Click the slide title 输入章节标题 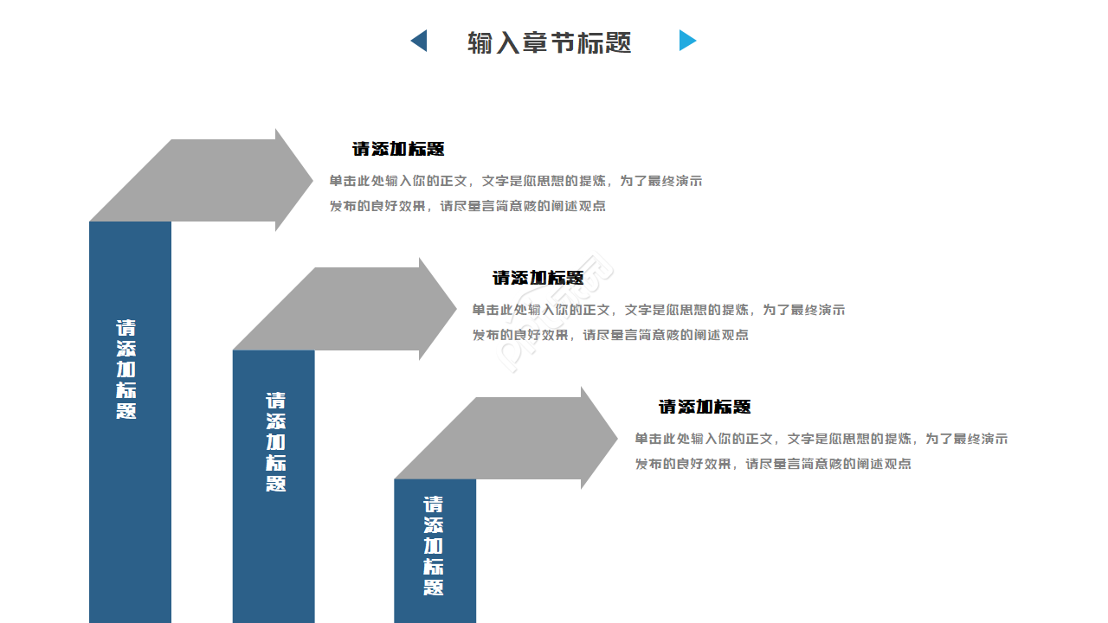(550, 42)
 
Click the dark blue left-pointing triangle (420, 41)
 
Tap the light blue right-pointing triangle (686, 41)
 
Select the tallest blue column (130, 485)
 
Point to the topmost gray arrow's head (293, 180)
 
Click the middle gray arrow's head (436, 308)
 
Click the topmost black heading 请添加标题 (398, 149)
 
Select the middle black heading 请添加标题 (538, 278)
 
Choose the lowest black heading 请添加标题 (705, 407)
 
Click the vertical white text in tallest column (126, 369)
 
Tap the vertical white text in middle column (275, 442)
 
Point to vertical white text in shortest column (434, 545)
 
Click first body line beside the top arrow (515, 181)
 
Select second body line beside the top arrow (467, 206)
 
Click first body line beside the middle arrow (658, 310)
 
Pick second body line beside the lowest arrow (773, 464)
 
